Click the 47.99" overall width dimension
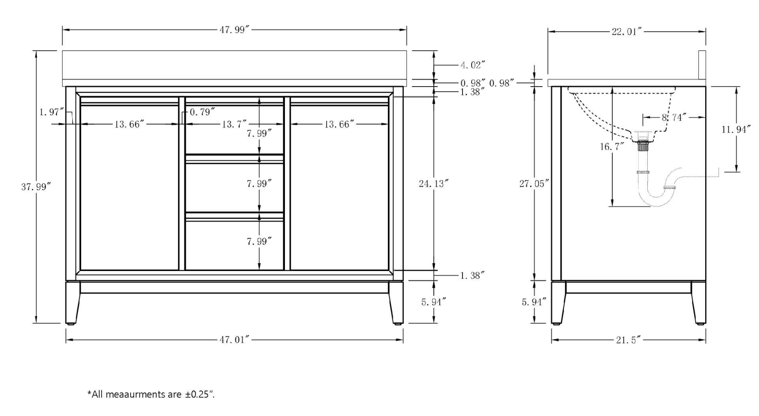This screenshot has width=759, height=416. click(234, 30)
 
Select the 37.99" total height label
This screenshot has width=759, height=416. click(36, 187)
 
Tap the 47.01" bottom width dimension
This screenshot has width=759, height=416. click(234, 340)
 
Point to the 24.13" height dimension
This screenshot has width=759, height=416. click(433, 183)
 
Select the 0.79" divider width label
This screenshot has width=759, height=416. click(202, 112)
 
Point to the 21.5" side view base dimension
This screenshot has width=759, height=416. click(628, 340)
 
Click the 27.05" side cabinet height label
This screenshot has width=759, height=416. click(534, 183)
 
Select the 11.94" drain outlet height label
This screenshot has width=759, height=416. click(736, 129)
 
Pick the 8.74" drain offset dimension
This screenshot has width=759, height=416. click(673, 117)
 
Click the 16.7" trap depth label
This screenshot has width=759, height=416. click(612, 146)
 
